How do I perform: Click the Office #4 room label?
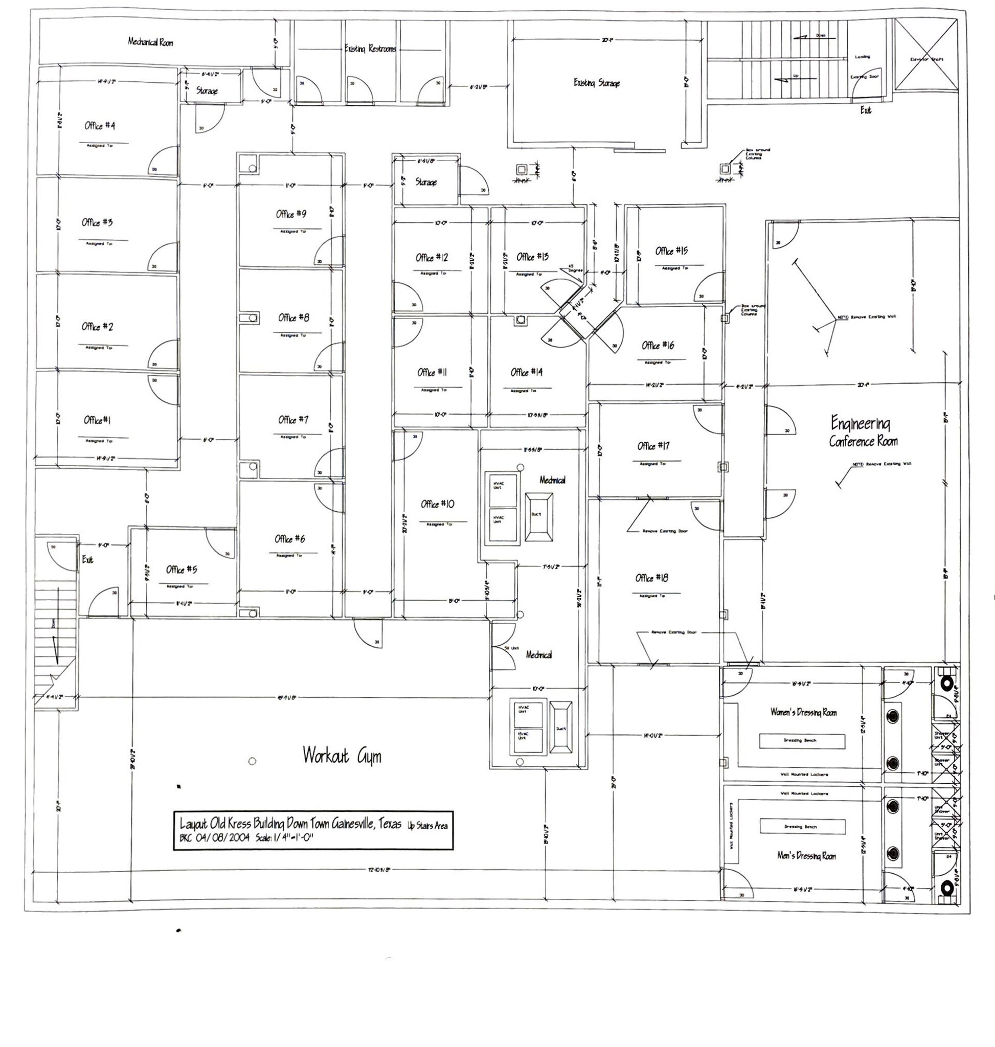[100, 126]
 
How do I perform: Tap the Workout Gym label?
[342, 755]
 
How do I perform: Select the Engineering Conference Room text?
[863, 433]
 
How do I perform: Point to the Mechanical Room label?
[150, 42]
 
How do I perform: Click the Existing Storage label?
[597, 83]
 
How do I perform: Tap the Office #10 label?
[438, 504]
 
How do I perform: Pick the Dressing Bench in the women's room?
[802, 740]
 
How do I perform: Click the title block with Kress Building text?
[313, 831]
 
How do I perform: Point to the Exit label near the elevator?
[866, 110]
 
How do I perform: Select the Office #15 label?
[671, 251]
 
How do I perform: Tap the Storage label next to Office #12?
[426, 182]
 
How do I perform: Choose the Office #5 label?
[182, 570]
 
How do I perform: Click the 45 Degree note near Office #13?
[575, 268]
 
